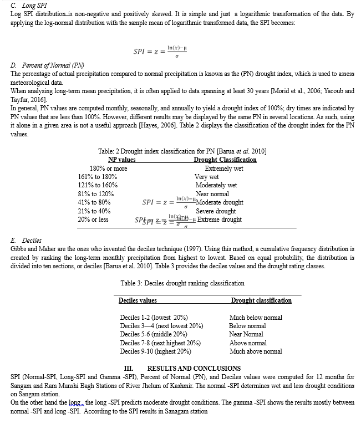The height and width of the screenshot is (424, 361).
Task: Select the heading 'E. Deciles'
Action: click(x=26, y=241)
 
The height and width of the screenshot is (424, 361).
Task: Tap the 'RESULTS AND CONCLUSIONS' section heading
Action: click(x=194, y=368)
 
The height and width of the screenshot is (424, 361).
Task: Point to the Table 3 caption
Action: click(x=182, y=283)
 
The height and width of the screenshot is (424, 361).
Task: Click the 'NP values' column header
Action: click(x=122, y=160)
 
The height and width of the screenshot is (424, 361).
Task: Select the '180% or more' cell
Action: click(x=108, y=168)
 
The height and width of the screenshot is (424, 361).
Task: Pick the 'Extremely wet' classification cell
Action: click(x=224, y=168)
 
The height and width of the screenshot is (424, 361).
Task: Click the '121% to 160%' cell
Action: click(x=98, y=185)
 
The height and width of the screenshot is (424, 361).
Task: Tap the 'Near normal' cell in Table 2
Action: click(x=212, y=194)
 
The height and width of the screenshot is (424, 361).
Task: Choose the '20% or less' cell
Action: click(x=93, y=219)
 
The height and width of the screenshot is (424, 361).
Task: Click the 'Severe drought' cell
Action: click(x=216, y=211)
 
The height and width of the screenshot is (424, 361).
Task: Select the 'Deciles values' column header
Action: click(x=138, y=300)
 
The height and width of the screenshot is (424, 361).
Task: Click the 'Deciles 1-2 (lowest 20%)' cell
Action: click(x=154, y=318)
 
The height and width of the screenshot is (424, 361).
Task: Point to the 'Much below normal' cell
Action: click(x=256, y=318)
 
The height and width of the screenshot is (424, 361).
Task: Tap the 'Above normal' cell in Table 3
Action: click(x=248, y=343)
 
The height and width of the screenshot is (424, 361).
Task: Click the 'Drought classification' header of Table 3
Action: click(x=261, y=300)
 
